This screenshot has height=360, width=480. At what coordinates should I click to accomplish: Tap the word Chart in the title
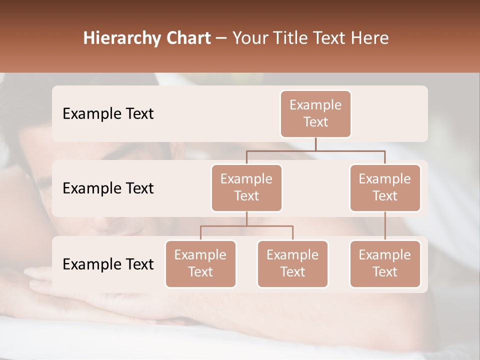(x=187, y=38)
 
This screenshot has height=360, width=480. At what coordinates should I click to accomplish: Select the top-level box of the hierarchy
(x=315, y=113)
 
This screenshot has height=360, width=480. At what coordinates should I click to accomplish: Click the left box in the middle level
(x=246, y=187)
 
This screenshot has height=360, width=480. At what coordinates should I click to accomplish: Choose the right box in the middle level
(x=385, y=187)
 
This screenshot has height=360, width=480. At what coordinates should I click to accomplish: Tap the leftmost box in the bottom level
(x=200, y=263)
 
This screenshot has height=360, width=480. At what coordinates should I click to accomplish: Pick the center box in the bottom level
(x=292, y=263)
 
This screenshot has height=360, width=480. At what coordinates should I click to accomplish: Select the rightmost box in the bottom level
(x=385, y=263)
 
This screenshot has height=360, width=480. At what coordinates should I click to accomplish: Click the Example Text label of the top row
(x=108, y=113)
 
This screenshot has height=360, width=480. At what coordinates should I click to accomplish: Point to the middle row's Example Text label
(x=108, y=188)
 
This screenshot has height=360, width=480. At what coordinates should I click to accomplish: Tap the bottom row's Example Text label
(x=108, y=264)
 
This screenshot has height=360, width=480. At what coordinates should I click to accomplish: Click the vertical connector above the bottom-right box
(x=385, y=225)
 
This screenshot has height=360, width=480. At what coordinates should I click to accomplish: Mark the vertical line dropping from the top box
(x=315, y=144)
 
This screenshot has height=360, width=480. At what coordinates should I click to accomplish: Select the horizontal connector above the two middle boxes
(x=315, y=150)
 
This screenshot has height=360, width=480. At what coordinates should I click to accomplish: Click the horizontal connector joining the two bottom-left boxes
(x=246, y=226)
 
